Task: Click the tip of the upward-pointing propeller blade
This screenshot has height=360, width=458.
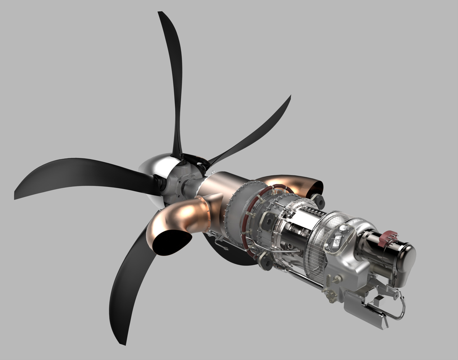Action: click(x=160, y=13)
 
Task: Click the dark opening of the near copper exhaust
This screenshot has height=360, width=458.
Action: click(x=172, y=242)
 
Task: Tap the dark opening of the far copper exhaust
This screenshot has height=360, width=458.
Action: click(x=316, y=187)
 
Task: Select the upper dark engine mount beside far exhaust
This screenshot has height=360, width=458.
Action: click(x=318, y=200)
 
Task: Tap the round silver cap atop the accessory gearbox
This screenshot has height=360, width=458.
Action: click(x=343, y=229)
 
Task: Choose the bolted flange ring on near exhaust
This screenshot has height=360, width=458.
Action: click(x=208, y=214)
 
